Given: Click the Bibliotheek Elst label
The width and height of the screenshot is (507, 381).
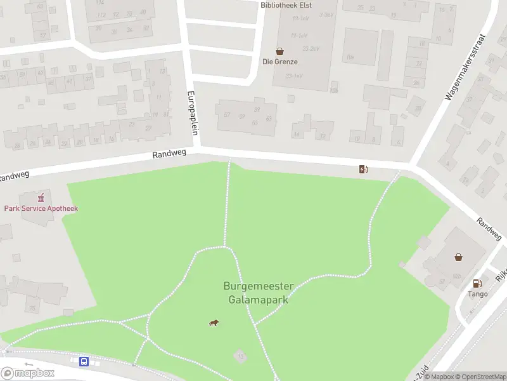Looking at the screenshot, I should coord(286,4).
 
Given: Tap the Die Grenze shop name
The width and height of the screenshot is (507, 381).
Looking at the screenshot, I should coord(280,62).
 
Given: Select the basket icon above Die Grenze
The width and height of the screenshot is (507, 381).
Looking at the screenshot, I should coord(279,51).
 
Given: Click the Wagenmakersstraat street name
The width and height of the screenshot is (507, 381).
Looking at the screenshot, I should coord(465,67).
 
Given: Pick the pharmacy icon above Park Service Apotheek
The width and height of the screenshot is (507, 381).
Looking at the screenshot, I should coord(42,197).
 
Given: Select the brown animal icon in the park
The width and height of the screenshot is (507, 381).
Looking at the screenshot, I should coord(214,323).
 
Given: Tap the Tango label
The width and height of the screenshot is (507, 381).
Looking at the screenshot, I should coord(478,294).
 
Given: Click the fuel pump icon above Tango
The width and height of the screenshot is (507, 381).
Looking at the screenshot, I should coord(477,283).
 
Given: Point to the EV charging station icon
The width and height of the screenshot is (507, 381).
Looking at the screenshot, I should coord(363,169).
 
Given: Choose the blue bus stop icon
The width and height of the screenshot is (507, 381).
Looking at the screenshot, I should coord(84,361).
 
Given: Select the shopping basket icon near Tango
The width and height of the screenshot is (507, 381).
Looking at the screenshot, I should coord(458,257).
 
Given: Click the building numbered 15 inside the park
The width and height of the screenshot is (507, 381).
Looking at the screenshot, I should coord(240,357).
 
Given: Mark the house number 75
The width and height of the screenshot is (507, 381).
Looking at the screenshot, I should coord(31,309).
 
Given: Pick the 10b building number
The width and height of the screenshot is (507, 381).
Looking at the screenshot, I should coord(350,57).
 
